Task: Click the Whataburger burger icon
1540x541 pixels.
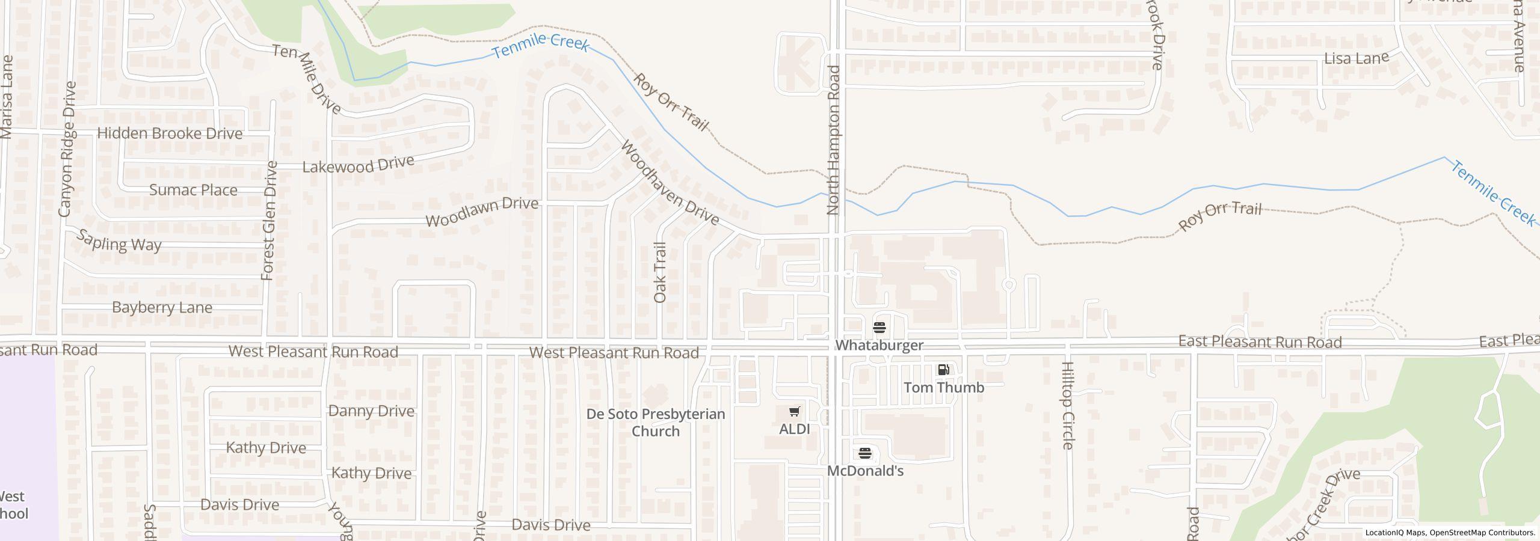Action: pos(879,328)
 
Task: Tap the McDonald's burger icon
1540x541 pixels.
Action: pos(865,453)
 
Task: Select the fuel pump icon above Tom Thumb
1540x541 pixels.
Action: pos(944,370)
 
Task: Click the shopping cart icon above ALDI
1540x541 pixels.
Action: pos(794,412)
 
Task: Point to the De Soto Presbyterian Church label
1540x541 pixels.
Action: pos(656,423)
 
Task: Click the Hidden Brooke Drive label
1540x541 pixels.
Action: pos(170,133)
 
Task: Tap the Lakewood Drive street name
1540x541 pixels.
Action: pos(358,165)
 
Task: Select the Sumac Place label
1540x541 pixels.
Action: pos(193,190)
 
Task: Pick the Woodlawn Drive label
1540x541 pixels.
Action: pos(481,212)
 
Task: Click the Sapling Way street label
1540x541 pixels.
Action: pos(119,241)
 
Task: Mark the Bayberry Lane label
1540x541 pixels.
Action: pos(162,308)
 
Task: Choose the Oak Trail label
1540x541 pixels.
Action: pos(660,272)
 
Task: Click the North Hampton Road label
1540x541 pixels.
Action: pos(833,139)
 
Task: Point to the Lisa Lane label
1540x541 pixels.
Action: pos(1357,58)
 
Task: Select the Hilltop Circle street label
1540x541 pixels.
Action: pos(1068,405)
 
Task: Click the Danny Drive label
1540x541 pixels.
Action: pos(371,411)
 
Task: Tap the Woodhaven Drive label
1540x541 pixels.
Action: pos(670,183)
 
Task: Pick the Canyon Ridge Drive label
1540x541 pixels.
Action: pos(67,149)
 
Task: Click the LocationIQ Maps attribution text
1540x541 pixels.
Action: pos(1450,533)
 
